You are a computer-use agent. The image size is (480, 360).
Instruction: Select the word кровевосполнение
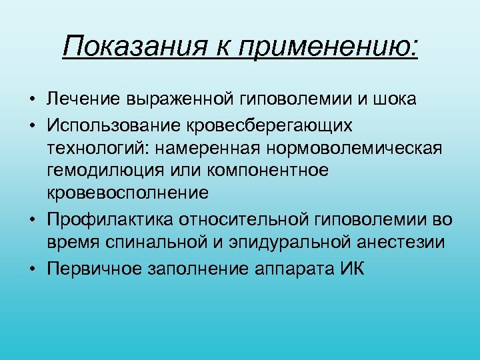(x=128, y=193)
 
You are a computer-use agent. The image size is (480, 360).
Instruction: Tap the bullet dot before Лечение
(x=32, y=100)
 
